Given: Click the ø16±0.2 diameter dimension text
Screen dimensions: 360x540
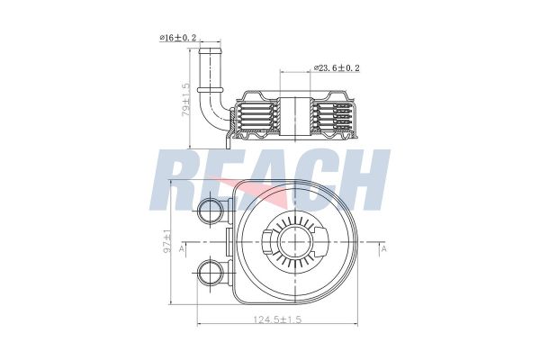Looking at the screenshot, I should pyautogui.click(x=177, y=39).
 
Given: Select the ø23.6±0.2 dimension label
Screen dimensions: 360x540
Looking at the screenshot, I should pyautogui.click(x=337, y=68).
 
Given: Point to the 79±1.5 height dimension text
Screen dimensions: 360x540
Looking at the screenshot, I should pyautogui.click(x=186, y=101).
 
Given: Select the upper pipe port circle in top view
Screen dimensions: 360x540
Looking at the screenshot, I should pyautogui.click(x=211, y=212).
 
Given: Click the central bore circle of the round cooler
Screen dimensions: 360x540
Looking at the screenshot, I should pyautogui.click(x=293, y=243).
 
